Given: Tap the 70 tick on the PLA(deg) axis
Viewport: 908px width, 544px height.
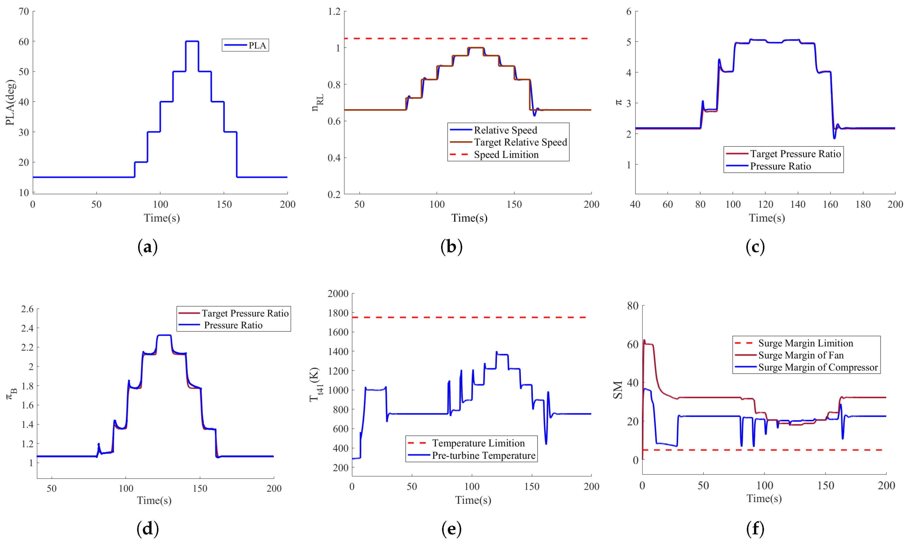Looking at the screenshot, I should [x=24, y=11].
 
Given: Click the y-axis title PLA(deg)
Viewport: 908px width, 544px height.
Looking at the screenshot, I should [x=10, y=103].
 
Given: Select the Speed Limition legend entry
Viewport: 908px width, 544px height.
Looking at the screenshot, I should [x=506, y=155].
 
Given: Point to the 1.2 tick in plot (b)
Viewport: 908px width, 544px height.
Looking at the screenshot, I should [x=334, y=11].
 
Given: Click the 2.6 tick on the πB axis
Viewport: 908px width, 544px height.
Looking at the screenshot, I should [x=27, y=309].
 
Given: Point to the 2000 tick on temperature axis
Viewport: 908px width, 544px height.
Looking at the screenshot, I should [x=338, y=293].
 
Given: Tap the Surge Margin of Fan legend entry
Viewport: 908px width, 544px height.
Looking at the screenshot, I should [x=801, y=355].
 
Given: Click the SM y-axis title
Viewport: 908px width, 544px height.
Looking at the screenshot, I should [x=618, y=390].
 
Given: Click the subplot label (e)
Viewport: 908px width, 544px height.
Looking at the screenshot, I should [x=451, y=529].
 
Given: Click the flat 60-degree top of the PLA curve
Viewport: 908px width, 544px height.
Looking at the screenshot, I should [x=192, y=41].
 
